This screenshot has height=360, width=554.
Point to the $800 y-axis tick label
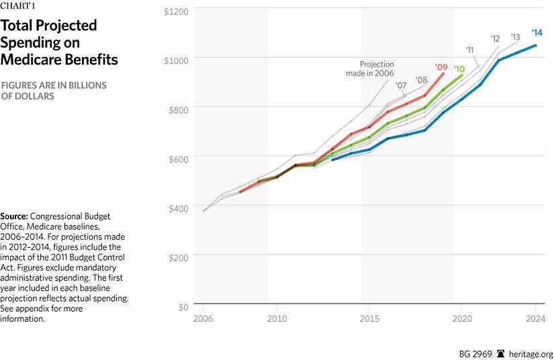tap(177, 107)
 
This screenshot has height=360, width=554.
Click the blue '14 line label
tap(537, 32)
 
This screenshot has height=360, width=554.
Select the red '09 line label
tap(441, 66)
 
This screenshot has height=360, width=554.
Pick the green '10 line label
tap(459, 69)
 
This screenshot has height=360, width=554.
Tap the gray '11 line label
tap(471, 50)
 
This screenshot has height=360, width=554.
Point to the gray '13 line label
tap(515, 37)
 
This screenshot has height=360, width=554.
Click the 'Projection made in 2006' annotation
tap(371, 69)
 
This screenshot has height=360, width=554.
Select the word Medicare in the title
tap(35, 60)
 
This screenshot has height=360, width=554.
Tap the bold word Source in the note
tap(15, 216)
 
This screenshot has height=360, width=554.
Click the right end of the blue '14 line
tap(535, 46)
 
